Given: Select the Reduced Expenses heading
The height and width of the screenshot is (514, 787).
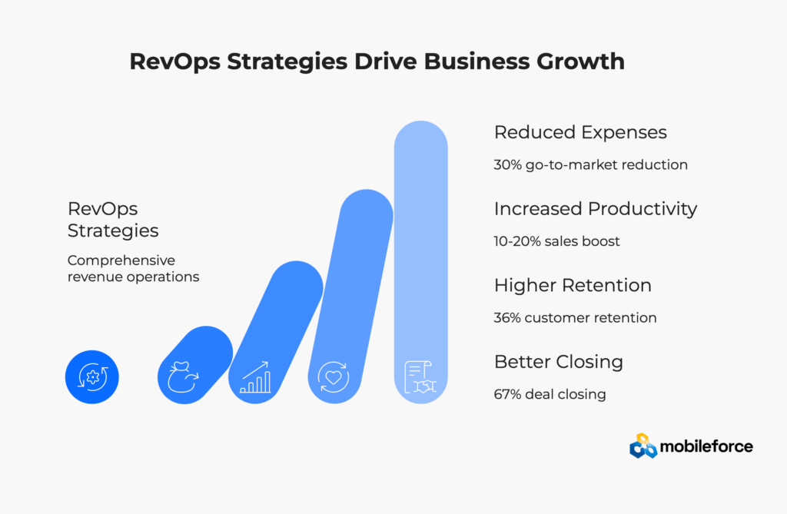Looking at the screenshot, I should coord(580,132).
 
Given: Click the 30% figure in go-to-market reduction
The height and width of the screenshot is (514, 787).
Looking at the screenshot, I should coord(508,164).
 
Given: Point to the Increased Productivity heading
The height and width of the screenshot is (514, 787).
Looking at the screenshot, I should coord(596,208).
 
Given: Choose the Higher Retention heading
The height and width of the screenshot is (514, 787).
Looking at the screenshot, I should coord(573,285).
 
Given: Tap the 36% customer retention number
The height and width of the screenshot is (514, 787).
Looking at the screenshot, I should coord(508,317).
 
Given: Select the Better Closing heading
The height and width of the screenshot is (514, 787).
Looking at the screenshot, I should coord(559,361).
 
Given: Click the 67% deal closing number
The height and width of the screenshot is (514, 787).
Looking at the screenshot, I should coord(507,394).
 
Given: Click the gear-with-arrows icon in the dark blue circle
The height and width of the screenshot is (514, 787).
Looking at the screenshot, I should coord(93,376).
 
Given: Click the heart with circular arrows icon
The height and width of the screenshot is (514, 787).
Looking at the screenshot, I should coord(334,377).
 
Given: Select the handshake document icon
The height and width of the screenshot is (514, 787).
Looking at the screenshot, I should coord(420,377).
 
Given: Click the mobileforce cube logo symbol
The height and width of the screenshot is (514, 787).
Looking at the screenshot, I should coord(643,446).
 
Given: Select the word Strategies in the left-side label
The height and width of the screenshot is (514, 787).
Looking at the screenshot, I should coord(113,230).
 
